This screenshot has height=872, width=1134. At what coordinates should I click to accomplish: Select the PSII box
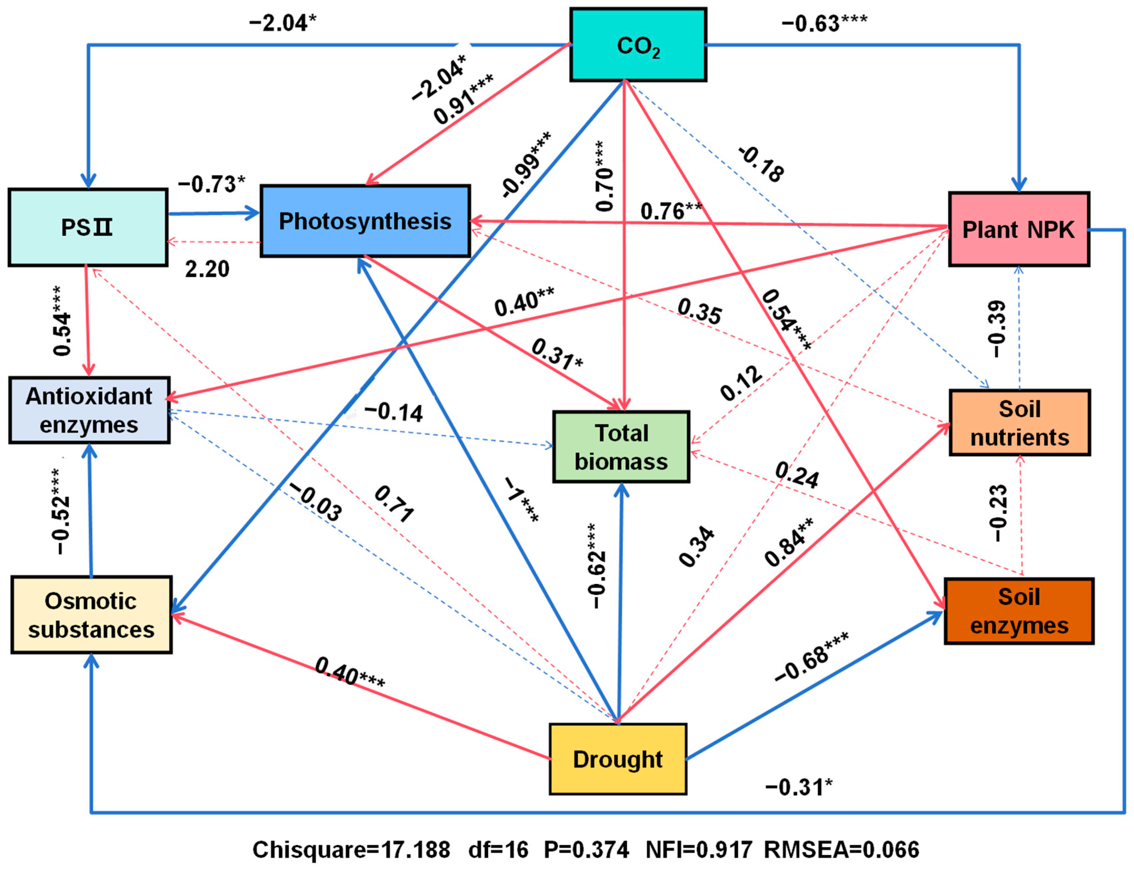point(88,227)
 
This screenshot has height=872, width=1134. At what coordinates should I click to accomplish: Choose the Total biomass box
point(621,447)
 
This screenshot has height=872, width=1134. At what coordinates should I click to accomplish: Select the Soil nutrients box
point(1020,423)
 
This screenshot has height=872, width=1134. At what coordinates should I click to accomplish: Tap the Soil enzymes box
point(1019,611)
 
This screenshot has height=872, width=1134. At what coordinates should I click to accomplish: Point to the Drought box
point(618,759)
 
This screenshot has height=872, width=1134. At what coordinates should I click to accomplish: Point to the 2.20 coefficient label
point(207,269)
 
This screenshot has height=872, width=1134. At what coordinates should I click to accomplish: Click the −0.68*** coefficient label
point(811,657)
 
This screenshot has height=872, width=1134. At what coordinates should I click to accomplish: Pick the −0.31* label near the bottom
point(798,787)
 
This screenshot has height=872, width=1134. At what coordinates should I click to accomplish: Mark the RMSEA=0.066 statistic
point(842,850)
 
